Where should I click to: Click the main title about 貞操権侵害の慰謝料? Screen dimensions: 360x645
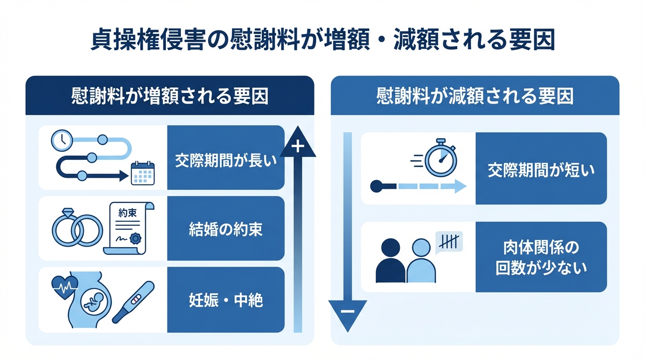[322, 41]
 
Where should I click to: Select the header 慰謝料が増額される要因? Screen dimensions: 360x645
[169, 96]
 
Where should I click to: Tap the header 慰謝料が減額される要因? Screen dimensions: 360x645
[475, 96]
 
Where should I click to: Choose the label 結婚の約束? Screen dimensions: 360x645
[225, 229]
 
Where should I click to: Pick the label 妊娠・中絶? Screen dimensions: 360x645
[225, 300]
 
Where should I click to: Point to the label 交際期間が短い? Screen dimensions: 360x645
[541, 169]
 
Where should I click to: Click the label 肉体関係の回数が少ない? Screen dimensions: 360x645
[541, 257]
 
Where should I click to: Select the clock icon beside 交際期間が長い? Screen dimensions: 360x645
[61, 140]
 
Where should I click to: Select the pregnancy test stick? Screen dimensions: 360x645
[133, 302]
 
